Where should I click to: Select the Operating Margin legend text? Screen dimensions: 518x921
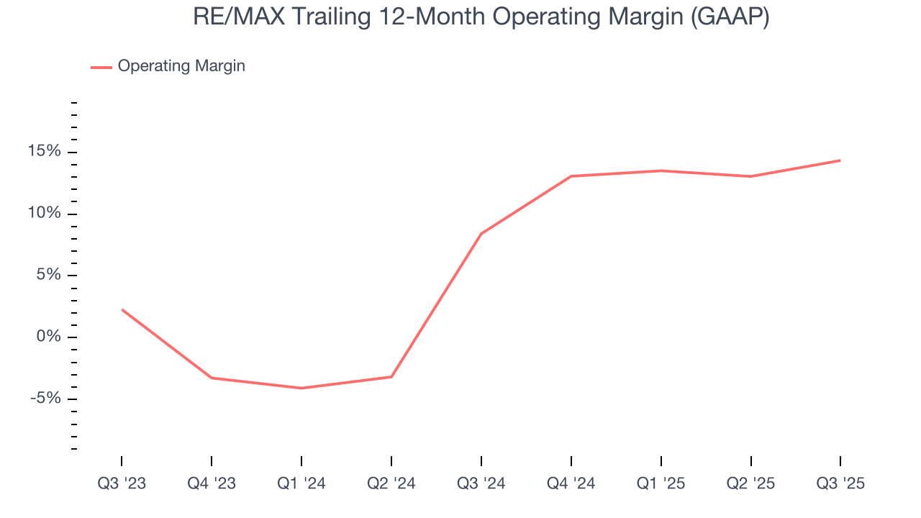181,66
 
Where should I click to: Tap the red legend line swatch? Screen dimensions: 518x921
101,67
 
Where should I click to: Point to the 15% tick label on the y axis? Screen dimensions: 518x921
45,153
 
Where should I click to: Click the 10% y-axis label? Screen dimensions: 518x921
45,214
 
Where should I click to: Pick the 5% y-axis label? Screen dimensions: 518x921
48,276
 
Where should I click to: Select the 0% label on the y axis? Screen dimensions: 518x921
48,337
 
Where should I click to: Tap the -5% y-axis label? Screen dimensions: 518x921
45,399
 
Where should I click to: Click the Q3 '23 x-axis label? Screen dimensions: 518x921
122,483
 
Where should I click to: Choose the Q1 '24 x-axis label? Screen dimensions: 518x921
301,483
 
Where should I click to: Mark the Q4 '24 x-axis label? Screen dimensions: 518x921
571,483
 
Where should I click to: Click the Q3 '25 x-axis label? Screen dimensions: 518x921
840,483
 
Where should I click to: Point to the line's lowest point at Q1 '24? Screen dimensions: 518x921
301,388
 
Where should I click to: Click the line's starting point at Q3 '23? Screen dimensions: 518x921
122,310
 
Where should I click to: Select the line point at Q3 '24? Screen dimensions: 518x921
481,234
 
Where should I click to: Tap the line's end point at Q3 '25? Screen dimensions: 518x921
840,160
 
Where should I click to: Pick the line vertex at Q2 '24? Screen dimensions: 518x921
391,377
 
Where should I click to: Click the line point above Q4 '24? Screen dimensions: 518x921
571,176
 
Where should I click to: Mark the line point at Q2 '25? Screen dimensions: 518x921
750,176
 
